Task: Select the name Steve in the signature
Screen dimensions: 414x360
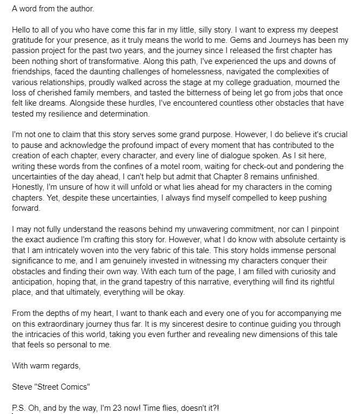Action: pos(22,389)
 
